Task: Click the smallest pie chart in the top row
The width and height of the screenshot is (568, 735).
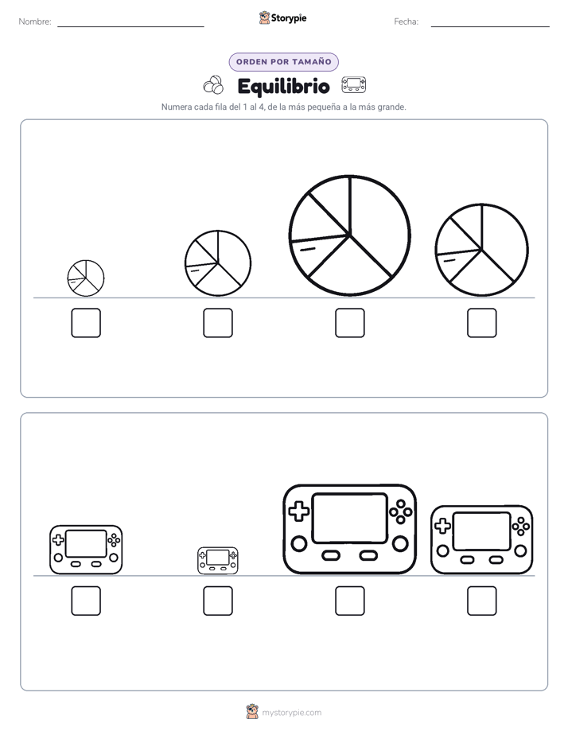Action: (86, 278)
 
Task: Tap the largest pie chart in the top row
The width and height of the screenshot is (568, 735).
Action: (349, 235)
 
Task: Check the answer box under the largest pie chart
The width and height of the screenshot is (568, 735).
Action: (349, 323)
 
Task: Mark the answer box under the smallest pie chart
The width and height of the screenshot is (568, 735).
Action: (86, 323)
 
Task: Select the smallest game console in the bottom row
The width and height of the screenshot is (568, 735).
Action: (218, 560)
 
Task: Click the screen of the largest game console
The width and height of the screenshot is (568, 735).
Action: (349, 518)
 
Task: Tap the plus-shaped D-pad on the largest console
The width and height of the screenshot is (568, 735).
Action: (298, 511)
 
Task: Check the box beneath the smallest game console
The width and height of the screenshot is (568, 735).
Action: (218, 601)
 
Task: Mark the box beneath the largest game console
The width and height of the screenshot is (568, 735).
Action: (349, 601)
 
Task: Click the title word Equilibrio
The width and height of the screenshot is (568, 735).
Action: (283, 86)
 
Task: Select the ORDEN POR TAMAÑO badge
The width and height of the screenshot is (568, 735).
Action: (283, 62)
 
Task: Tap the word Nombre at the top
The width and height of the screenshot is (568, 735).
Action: (35, 21)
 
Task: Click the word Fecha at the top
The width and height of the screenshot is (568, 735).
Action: (406, 21)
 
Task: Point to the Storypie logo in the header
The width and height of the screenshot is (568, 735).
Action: (282, 17)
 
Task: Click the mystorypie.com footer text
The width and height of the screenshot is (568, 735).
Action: (291, 713)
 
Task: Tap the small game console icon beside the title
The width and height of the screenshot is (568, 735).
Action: (354, 85)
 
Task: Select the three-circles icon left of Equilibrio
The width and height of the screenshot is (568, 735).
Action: (213, 85)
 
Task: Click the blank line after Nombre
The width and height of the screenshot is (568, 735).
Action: (130, 26)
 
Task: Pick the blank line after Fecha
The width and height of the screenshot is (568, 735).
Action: (490, 26)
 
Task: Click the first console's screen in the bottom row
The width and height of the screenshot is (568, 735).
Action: (86, 543)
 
